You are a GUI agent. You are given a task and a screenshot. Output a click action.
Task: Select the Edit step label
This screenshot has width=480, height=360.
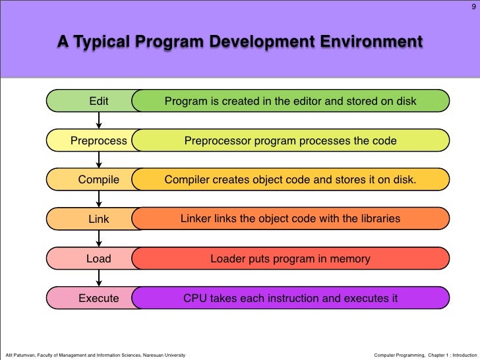point(99,101)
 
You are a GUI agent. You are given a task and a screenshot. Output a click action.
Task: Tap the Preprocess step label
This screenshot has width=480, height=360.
point(99,140)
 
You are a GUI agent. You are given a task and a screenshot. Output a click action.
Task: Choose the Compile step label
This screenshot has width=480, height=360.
point(99,179)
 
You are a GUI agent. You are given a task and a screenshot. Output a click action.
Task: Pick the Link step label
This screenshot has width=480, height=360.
point(99,219)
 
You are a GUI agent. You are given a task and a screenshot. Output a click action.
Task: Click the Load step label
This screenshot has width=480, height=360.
point(99,259)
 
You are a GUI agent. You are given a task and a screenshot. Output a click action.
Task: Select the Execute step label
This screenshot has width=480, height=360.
point(99,298)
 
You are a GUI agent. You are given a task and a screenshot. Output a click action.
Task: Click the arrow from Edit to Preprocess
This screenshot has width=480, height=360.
point(99,121)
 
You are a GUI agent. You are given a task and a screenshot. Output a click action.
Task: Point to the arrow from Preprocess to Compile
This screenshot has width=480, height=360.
point(99,160)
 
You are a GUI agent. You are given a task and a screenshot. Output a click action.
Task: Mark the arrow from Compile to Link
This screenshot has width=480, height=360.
point(99,199)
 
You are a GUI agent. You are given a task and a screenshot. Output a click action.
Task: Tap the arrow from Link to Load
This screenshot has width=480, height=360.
point(99,239)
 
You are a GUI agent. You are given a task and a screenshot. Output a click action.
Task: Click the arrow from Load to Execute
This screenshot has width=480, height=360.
point(99,278)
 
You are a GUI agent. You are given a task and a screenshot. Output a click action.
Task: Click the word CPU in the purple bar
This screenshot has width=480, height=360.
point(195,298)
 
